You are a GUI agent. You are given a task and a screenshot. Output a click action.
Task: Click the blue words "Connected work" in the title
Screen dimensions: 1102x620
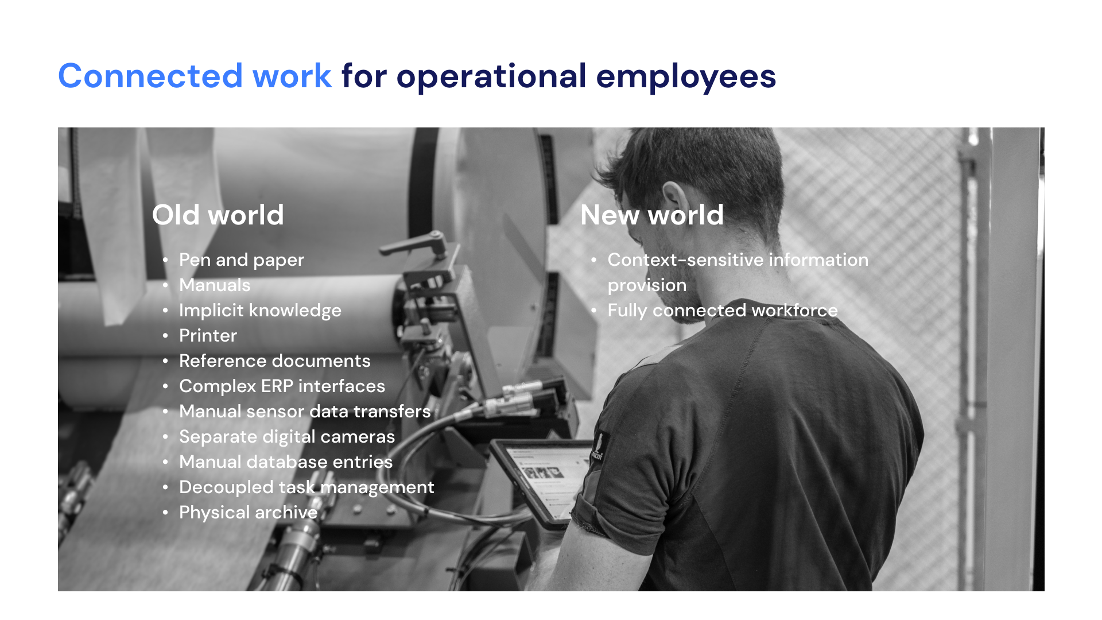195,76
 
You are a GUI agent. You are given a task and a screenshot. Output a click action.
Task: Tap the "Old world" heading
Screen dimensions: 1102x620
218,215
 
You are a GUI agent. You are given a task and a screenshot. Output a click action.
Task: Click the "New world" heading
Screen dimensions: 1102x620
652,215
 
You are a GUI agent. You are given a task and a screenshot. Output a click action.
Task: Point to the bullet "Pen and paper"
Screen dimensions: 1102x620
242,260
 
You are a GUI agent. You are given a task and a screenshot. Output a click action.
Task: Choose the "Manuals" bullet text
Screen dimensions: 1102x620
215,285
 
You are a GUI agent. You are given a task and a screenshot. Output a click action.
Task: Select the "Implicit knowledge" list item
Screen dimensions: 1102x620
260,311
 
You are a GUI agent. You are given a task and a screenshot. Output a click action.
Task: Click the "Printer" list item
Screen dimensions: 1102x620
208,335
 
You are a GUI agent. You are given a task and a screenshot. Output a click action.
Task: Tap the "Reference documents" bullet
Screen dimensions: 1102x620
275,361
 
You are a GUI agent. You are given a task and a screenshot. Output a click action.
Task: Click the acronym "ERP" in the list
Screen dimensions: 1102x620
277,386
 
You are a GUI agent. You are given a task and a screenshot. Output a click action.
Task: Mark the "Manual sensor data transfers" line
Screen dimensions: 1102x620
305,411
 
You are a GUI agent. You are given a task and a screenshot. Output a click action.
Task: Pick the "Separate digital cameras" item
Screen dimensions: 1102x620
287,437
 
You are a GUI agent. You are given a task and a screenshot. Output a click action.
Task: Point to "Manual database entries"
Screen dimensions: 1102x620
286,462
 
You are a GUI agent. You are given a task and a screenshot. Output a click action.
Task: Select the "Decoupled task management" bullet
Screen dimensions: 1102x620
306,487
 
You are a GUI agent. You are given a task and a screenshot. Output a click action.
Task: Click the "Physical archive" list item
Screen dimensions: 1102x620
249,513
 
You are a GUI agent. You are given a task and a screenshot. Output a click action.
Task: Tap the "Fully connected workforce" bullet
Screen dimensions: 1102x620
723,311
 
